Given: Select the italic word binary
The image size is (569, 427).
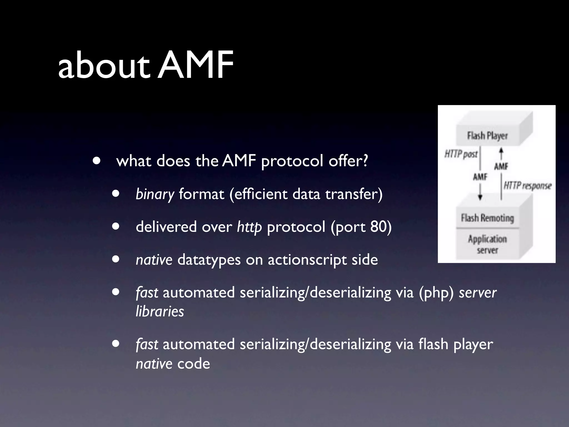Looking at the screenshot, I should click(155, 194).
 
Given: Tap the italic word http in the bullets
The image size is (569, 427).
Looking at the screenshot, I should click(249, 227).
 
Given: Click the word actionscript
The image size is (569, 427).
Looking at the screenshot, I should click(307, 260).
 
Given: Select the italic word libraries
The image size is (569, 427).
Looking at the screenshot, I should click(160, 311).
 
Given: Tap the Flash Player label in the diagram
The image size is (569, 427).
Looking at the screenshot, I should click(487, 136).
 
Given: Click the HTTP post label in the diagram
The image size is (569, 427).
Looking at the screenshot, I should click(461, 154).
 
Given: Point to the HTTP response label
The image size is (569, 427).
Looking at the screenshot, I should click(527, 185).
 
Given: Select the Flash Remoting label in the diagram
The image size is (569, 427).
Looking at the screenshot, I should click(487, 218).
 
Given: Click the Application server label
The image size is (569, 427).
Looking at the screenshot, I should click(487, 244).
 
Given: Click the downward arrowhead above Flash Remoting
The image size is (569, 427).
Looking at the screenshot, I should click(480, 197).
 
